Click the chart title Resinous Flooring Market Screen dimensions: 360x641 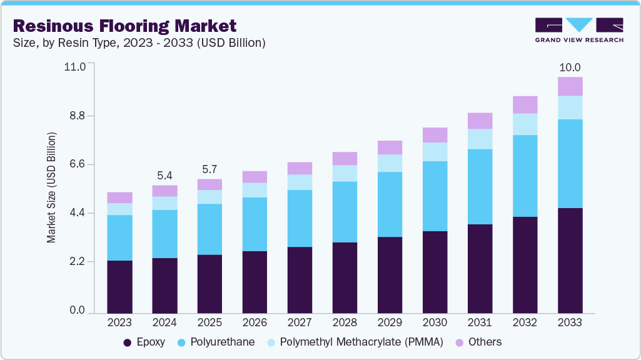[x=124, y=26]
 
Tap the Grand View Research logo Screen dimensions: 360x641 [x=578, y=29]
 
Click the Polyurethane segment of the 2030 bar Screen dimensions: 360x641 [x=435, y=196]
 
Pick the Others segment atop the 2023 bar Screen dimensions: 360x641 [x=119, y=197]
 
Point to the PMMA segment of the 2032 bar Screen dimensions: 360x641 [x=525, y=124]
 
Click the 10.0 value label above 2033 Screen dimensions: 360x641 [x=570, y=67]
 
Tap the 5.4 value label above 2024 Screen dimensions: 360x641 [x=164, y=175]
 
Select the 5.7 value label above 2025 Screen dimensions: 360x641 [x=209, y=169]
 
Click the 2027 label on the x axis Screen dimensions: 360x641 [x=300, y=323]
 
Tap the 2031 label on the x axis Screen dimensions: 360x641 [x=480, y=323]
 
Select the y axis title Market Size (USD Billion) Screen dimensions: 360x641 [x=51, y=187]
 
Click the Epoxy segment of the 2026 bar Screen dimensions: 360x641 [x=255, y=281]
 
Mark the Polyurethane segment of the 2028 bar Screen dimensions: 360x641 [x=345, y=212]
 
